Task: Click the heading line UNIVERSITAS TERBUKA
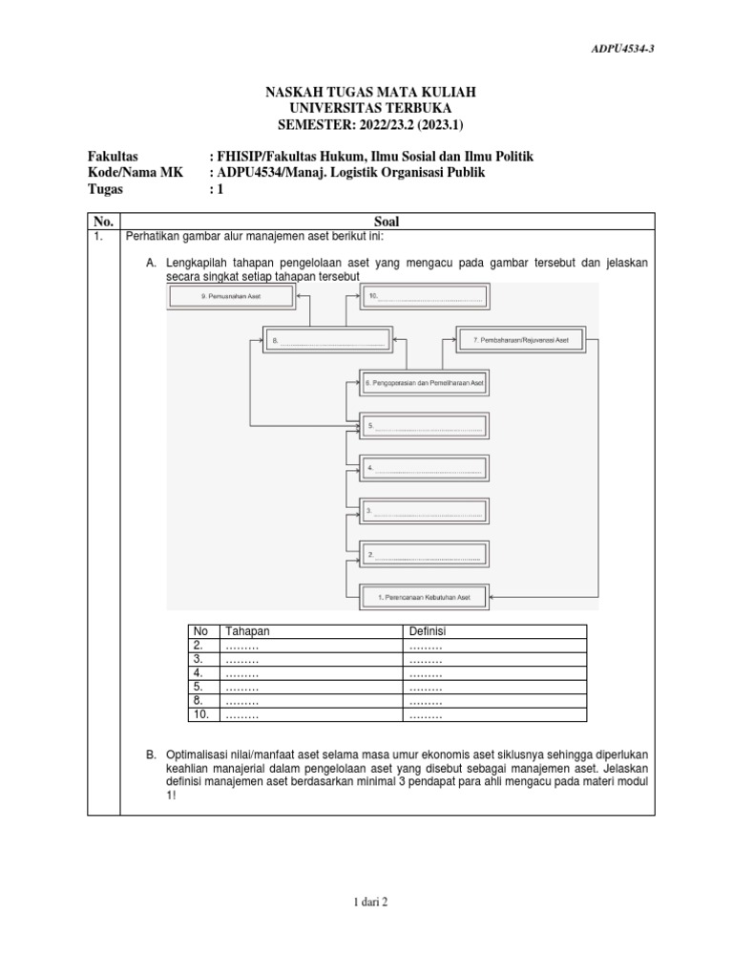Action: (369, 108)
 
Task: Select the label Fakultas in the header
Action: (113, 155)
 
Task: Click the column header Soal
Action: (387, 221)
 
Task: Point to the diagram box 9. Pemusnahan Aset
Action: (232, 297)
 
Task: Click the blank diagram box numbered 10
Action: (425, 297)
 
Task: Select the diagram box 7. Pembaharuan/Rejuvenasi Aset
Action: (520, 339)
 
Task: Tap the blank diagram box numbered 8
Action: (329, 340)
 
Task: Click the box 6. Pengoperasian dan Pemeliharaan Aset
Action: (425, 382)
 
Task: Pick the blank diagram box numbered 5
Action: (425, 426)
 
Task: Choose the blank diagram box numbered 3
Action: (425, 512)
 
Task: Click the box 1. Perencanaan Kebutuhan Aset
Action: (425, 597)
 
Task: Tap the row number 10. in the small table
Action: (201, 713)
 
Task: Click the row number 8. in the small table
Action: (199, 700)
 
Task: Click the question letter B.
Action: (151, 755)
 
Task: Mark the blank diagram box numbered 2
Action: (425, 555)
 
